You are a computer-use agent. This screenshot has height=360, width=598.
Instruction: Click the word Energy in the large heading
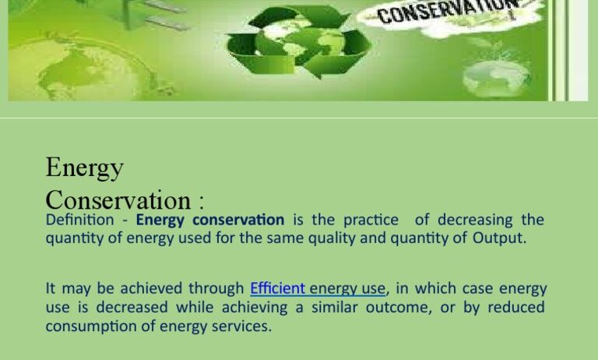pyautogui.click(x=84, y=168)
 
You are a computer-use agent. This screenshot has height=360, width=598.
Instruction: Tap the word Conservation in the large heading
pyautogui.click(x=118, y=200)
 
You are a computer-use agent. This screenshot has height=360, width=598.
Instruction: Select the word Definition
pyautogui.click(x=79, y=220)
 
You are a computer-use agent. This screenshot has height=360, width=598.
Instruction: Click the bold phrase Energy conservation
pyautogui.click(x=210, y=221)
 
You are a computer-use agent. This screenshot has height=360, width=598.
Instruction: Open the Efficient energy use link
pyautogui.click(x=318, y=289)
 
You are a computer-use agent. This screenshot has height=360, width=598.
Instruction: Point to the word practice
pyautogui.click(x=371, y=221)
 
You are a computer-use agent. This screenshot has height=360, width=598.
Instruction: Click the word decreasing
pyautogui.click(x=475, y=221)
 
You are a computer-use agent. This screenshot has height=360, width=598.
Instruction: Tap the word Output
pyautogui.click(x=499, y=238)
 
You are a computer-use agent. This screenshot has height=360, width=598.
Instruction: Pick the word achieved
pyautogui.click(x=151, y=288)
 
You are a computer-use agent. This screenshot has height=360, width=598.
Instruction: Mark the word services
pyautogui.click(x=241, y=326)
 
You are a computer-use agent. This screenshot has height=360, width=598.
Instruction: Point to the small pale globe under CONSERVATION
pyautogui.click(x=497, y=78)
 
